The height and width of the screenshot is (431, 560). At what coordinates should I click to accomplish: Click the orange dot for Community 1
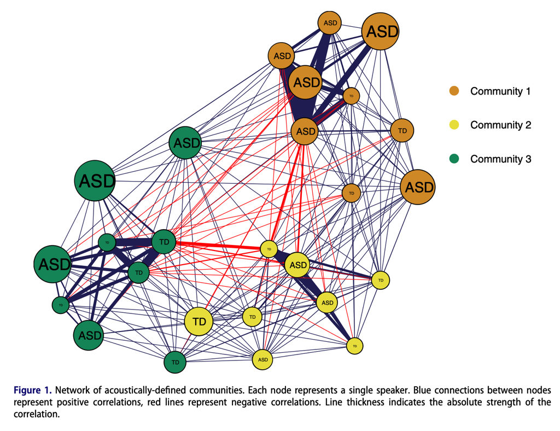pos(454,91)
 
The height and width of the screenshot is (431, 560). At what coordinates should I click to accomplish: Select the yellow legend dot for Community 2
pos(454,125)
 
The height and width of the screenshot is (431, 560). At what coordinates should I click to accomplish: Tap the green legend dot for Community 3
pos(454,159)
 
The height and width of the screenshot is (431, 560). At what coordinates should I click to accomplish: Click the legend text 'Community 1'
pos(500,91)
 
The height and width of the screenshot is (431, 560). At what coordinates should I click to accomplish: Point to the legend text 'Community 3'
pos(500,159)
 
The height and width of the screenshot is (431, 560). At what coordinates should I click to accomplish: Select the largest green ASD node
pos(96,180)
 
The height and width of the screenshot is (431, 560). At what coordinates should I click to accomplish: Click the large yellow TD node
pos(199,322)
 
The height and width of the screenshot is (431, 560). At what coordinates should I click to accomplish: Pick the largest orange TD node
pos(402,131)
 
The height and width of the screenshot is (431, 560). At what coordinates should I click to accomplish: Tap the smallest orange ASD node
pos(330,23)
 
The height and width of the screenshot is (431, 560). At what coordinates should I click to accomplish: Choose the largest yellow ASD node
pos(298,265)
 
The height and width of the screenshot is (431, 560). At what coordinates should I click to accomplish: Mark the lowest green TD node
pos(175,362)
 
